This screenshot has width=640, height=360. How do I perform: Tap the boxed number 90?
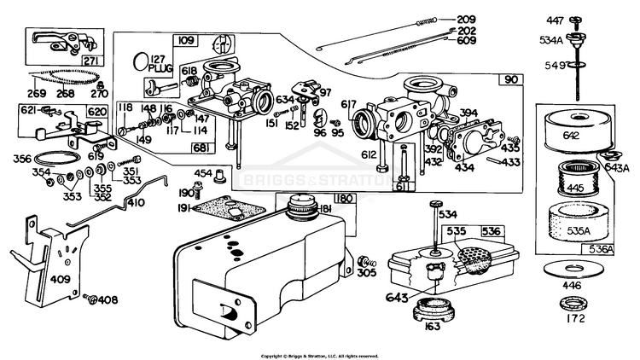coord(510,80)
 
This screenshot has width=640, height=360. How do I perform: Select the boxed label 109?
coord(185,40)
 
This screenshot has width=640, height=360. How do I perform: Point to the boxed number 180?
coord(342,198)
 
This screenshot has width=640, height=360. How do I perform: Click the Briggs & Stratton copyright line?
coord(319,355)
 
